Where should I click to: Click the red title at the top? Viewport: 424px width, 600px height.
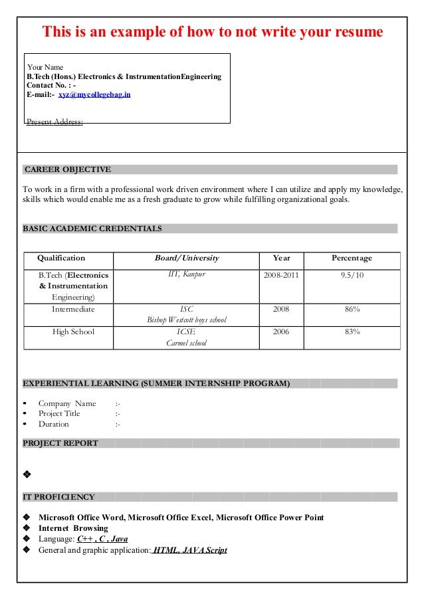(x=213, y=32)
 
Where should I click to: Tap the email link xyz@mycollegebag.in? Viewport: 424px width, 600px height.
(x=94, y=95)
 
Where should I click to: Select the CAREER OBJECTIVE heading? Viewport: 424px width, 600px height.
(x=68, y=169)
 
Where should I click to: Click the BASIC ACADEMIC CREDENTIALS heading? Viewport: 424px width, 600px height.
(x=92, y=229)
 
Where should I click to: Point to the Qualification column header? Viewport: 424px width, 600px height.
(x=61, y=258)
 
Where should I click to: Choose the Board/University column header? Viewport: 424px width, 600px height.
(x=186, y=258)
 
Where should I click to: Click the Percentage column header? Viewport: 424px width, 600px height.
(x=352, y=258)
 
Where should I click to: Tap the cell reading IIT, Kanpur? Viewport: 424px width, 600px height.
(x=186, y=274)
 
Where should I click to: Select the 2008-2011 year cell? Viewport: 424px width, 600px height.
(x=282, y=275)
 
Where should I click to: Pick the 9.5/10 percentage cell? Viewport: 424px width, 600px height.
(x=352, y=275)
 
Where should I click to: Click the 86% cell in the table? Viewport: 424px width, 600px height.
(x=352, y=309)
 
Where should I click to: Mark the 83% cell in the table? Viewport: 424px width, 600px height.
(x=352, y=332)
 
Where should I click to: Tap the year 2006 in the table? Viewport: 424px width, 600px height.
(x=282, y=332)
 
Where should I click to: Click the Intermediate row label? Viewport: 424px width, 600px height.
(x=73, y=309)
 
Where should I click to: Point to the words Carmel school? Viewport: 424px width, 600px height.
(x=186, y=343)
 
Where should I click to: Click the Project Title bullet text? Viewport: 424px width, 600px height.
(x=59, y=413)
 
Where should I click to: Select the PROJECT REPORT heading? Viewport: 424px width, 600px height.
(x=60, y=443)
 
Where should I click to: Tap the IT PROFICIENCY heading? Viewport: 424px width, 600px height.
(x=59, y=497)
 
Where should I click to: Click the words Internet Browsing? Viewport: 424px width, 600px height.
(x=73, y=528)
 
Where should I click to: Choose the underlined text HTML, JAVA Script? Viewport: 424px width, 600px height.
(x=190, y=550)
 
